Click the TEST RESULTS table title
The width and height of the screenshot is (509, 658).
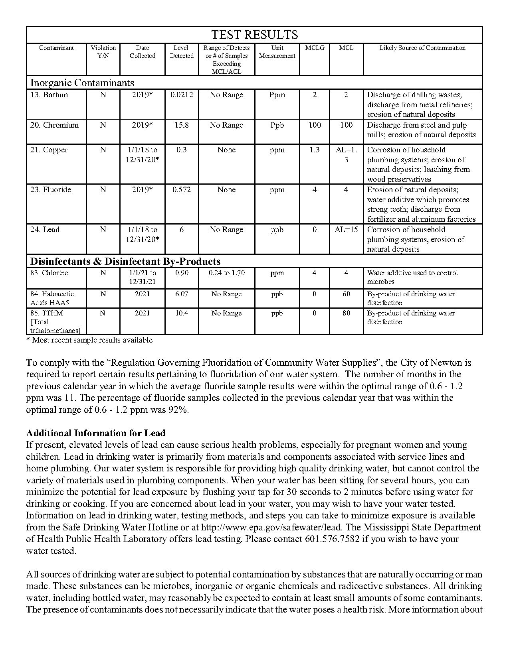(x=254, y=35)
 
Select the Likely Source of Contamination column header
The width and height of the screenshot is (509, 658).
(x=422, y=48)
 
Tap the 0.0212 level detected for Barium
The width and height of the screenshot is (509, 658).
(x=182, y=95)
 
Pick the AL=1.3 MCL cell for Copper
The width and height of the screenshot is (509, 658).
(x=346, y=155)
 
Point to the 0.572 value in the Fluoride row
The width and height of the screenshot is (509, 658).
(x=182, y=190)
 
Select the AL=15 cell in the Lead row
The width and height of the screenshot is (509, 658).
(x=346, y=230)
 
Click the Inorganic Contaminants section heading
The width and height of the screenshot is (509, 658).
(x=82, y=83)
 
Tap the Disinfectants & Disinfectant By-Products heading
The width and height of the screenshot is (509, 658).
(x=125, y=262)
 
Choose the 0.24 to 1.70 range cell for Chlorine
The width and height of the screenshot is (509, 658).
(x=226, y=273)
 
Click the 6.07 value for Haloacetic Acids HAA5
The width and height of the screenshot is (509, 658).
(x=182, y=294)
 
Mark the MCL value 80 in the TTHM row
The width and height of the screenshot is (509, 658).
(x=346, y=313)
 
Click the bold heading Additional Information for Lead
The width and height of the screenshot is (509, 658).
(x=96, y=433)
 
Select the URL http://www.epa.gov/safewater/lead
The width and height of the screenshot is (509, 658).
(x=271, y=527)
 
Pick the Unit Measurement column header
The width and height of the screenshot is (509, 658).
(x=277, y=52)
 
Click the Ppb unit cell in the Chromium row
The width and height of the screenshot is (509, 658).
(x=277, y=125)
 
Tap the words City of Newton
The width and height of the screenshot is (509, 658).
(x=430, y=363)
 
